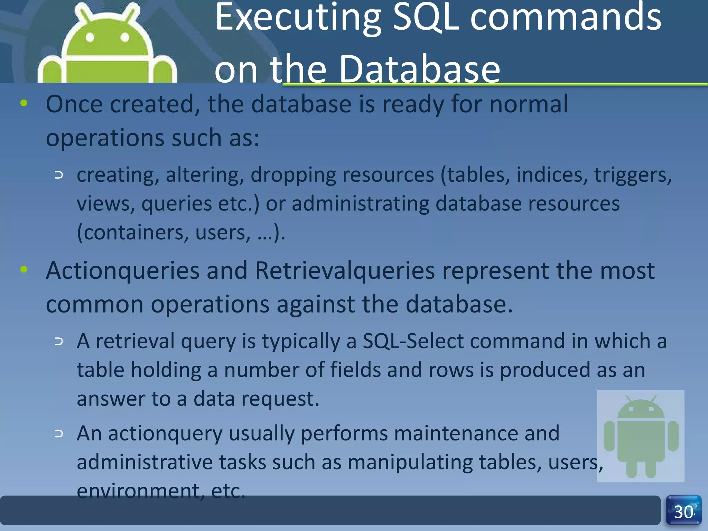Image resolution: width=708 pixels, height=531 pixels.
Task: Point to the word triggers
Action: click(632, 175)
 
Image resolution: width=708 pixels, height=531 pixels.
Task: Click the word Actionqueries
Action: click(123, 270)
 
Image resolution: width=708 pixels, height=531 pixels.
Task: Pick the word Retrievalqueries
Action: click(345, 270)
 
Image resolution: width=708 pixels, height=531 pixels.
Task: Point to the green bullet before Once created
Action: click(24, 103)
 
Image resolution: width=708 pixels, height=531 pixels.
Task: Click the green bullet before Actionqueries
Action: click(24, 269)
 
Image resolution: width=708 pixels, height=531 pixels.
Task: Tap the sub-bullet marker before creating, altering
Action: click(59, 175)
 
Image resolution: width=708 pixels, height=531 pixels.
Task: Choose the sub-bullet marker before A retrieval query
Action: click(59, 342)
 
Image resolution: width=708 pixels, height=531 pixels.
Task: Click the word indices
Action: click(552, 175)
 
